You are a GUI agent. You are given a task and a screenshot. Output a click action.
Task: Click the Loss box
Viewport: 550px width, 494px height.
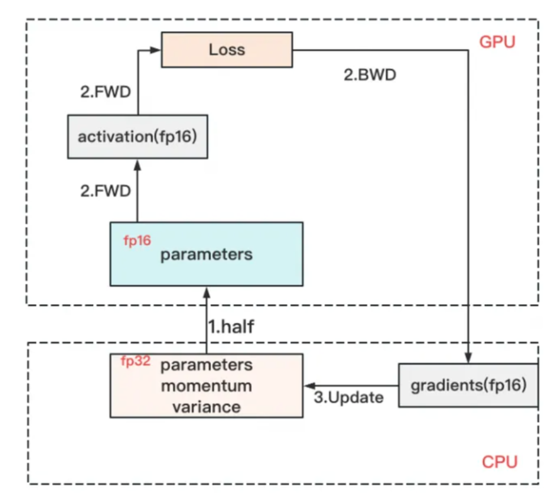tap(226, 50)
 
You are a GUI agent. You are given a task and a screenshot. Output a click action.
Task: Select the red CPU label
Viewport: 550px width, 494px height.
tap(499, 462)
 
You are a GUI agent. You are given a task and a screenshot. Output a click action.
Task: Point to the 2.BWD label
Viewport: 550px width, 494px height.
tap(369, 75)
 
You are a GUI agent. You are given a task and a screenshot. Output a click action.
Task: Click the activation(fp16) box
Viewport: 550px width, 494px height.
tap(137, 136)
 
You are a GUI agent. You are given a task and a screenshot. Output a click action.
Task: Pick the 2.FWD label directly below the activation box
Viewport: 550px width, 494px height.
tap(106, 190)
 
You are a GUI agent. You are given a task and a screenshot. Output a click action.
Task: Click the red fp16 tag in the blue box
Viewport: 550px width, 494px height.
tap(137, 240)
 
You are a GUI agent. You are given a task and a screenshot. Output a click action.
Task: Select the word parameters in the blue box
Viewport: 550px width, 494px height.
tap(206, 254)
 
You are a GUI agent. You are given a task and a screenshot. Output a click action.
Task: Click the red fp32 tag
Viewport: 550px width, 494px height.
tap(136, 361)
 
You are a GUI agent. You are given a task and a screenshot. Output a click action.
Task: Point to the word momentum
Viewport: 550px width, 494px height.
tap(207, 386)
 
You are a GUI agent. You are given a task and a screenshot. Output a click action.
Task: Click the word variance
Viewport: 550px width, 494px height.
tap(207, 406)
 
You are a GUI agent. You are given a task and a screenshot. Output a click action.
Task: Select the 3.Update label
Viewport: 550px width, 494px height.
tap(348, 397)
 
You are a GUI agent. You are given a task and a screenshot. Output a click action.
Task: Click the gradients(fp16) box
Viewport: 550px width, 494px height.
tap(468, 385)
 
